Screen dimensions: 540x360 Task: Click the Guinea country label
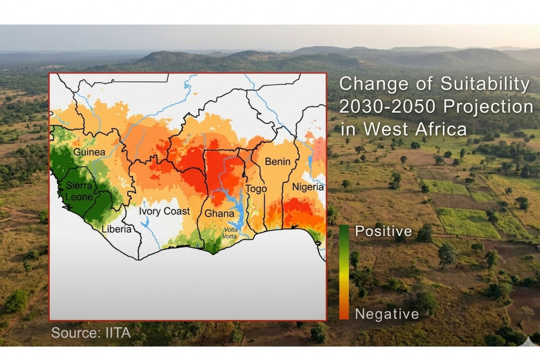click(x=89, y=152)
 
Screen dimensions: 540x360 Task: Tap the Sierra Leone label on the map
click(x=79, y=191)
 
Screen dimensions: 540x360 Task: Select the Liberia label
click(x=116, y=229)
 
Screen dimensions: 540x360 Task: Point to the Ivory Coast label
click(x=164, y=211)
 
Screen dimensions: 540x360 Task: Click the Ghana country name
click(x=219, y=214)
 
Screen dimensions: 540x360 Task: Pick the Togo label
click(x=256, y=189)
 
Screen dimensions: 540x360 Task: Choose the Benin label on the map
click(x=278, y=162)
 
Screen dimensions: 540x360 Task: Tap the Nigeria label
click(x=308, y=187)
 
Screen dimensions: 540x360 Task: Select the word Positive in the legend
click(x=383, y=231)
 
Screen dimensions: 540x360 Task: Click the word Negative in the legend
click(x=387, y=314)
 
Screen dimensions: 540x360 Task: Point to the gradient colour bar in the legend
click(x=344, y=272)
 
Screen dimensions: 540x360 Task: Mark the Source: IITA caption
click(x=91, y=333)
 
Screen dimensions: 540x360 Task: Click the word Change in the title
click(x=374, y=84)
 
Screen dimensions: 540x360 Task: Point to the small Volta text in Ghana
click(x=231, y=229)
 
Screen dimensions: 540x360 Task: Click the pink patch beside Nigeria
click(x=320, y=149)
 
